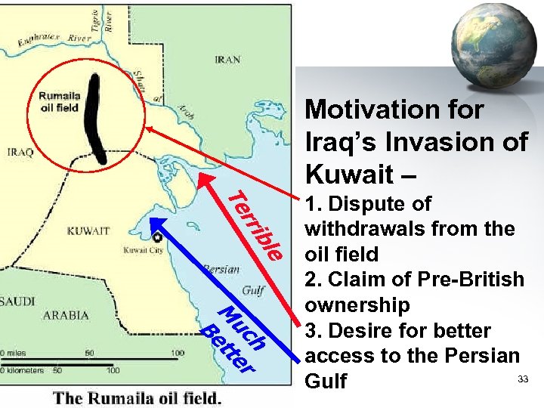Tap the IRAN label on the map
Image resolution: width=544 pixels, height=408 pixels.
(x=227, y=59)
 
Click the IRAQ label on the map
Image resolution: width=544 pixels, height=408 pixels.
(x=20, y=152)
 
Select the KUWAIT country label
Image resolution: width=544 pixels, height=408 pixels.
(x=88, y=230)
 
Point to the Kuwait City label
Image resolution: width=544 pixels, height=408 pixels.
(x=144, y=249)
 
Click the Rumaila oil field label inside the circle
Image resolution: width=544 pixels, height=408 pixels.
(x=58, y=102)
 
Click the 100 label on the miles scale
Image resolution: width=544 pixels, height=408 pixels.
(x=177, y=353)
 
